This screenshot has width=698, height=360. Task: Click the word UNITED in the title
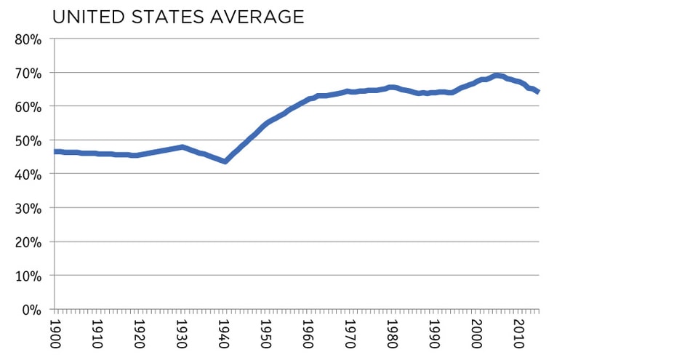tap(90, 17)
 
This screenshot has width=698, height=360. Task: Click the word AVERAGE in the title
tap(258, 17)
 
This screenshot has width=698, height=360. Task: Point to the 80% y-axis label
tap(29, 39)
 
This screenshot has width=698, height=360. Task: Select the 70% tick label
tap(29, 73)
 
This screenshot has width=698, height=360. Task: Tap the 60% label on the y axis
tap(29, 107)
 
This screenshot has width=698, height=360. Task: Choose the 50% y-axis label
tap(29, 140)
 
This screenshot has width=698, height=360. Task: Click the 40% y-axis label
tap(29, 175)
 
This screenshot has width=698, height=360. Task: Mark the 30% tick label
tap(29, 208)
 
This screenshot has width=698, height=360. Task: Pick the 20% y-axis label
tap(29, 242)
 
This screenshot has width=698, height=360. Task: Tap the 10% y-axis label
tap(29, 276)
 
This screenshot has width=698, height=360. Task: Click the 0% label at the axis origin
tap(33, 310)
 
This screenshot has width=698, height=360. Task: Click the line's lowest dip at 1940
tap(225, 161)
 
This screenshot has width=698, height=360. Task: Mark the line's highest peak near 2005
tap(497, 75)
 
